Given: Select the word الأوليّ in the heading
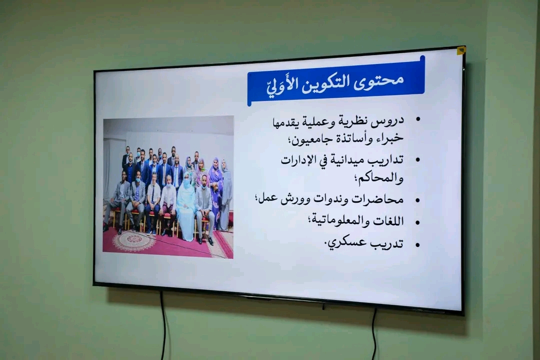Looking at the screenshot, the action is [281, 86].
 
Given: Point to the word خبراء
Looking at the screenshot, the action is [389, 138].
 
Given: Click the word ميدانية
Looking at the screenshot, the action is [345, 160].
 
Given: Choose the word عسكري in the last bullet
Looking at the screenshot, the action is [345, 242].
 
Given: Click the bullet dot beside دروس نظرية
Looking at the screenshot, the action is [418, 119].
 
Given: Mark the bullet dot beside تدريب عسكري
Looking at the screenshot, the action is [417, 245].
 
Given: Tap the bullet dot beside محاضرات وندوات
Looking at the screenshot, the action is [417, 200].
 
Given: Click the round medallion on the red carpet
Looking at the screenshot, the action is [133, 241].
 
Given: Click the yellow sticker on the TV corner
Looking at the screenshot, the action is [461, 50].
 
